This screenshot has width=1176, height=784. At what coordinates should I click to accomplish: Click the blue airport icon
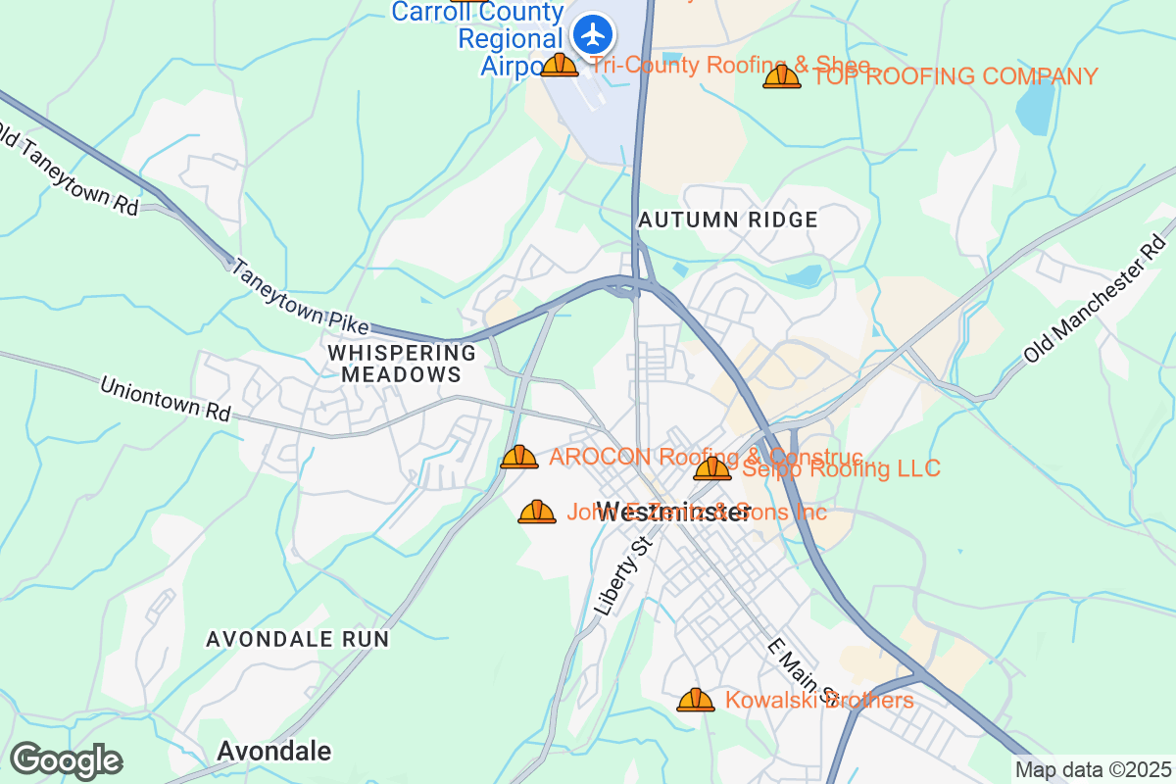(x=593, y=35)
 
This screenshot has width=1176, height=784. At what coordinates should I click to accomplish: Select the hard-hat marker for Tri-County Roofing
(x=560, y=66)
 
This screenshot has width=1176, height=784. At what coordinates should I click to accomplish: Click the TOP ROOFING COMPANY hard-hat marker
(x=782, y=76)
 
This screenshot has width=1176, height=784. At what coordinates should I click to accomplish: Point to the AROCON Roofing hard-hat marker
(x=519, y=458)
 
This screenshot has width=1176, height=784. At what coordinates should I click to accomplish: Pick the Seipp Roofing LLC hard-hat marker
(x=712, y=469)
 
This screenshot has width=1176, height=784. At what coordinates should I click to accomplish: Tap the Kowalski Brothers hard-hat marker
(x=696, y=700)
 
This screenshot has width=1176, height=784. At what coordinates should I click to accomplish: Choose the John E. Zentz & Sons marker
(x=537, y=512)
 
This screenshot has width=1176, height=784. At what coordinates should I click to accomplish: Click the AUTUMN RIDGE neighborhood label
(x=727, y=220)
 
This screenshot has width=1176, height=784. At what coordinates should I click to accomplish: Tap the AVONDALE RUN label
(x=298, y=639)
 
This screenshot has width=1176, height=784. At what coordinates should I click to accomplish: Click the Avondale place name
(x=273, y=752)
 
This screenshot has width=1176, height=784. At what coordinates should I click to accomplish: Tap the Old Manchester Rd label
(x=1097, y=299)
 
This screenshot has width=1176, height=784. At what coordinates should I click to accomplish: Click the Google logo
(x=66, y=760)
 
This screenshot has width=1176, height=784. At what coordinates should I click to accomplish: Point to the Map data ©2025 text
(x=1093, y=770)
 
